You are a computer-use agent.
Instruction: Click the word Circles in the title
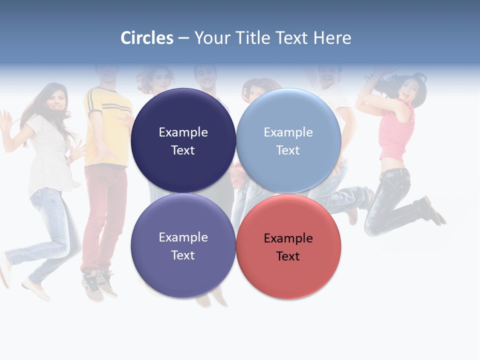tap(146, 38)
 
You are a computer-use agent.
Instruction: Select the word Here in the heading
tap(332, 38)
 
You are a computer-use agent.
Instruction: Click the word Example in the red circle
tap(288, 238)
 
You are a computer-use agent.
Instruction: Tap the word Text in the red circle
tap(288, 256)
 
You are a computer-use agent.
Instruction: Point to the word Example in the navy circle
tap(183, 132)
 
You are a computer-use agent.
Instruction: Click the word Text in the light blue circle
tap(288, 150)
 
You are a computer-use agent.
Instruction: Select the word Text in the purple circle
tap(183, 255)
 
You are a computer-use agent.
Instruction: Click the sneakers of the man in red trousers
tap(97, 285)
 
